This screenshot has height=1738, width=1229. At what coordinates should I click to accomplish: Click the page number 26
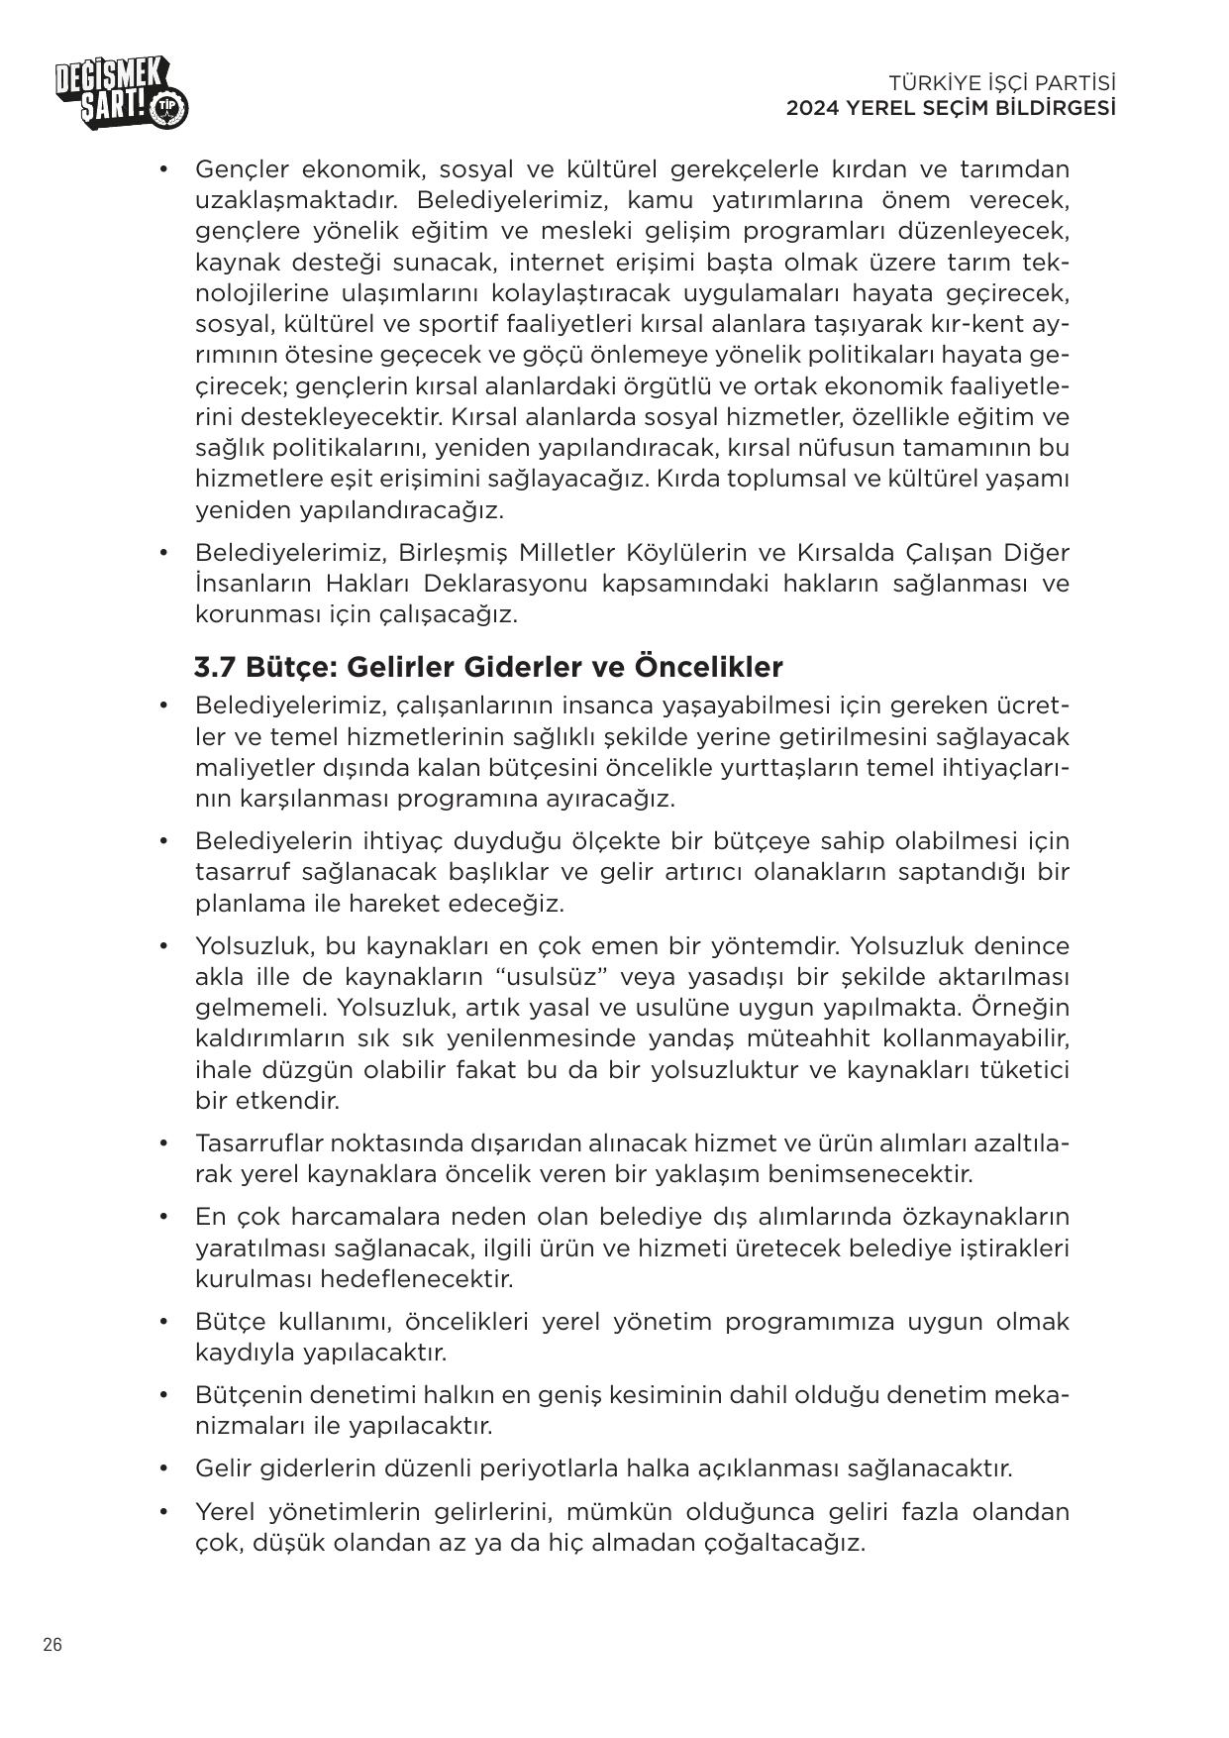point(52,1644)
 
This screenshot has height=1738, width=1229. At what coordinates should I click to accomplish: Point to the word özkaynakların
point(985,1216)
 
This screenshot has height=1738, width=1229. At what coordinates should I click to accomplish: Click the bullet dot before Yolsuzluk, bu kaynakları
point(163,946)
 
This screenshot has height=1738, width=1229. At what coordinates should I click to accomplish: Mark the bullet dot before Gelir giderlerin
point(163,1467)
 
